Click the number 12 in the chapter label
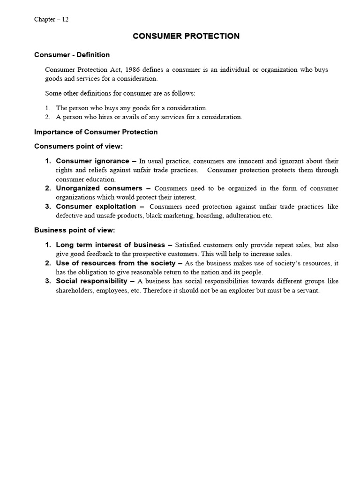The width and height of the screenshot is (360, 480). pos(65,19)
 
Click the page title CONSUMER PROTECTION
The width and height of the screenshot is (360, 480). pos(186,36)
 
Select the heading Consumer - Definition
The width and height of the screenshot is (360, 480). pos(72,55)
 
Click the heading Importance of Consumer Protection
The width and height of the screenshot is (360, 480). pos(96,132)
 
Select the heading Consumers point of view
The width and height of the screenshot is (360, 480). pos(78,146)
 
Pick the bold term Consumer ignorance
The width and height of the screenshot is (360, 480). pos(92,161)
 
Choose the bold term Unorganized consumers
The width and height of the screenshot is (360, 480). pos(99,188)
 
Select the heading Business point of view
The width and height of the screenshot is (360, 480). pos(74,230)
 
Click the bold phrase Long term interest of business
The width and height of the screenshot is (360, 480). pos(111,245)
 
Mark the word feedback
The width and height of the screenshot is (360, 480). pos(97,254)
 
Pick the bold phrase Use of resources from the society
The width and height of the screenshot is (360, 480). pos(116,263)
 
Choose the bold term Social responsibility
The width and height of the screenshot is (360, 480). pos(91,281)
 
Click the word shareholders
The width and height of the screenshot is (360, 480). pos(74,290)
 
